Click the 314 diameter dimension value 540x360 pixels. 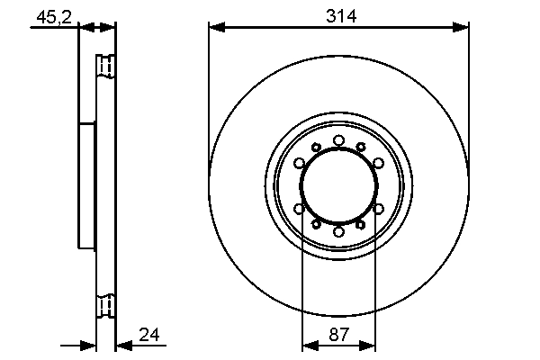pyautogui.click(x=338, y=15)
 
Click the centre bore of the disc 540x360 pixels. pyautogui.click(x=338, y=185)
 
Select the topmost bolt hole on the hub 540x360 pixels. pyautogui.click(x=338, y=139)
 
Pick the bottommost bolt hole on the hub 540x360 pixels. pyautogui.click(x=338, y=232)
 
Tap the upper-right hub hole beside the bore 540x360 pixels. pyautogui.click(x=379, y=163)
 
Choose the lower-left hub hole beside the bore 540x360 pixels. pyautogui.click(x=299, y=209)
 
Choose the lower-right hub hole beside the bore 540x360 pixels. pyautogui.click(x=379, y=209)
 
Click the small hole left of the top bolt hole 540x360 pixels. pyautogui.click(x=316, y=147)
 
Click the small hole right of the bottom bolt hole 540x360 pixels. pyautogui.click(x=360, y=224)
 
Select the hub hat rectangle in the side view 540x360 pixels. pyautogui.click(x=86, y=185)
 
